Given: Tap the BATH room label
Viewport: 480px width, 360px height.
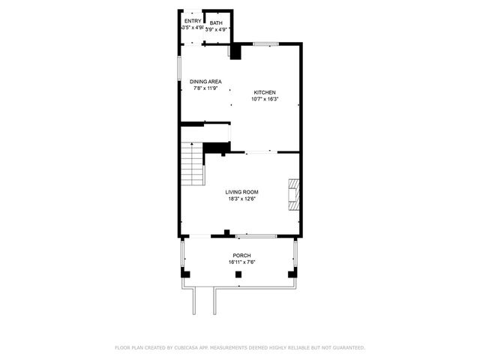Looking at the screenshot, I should click(216, 23).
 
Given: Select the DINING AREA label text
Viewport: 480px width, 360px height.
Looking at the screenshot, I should click(204, 82).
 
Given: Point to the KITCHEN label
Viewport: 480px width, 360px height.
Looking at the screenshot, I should click(264, 92).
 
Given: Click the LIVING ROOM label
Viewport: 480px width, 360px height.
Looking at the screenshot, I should click(241, 192).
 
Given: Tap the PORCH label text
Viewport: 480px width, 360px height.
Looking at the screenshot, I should click(241, 256).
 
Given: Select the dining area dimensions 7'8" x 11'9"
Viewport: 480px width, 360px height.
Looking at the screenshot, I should click(204, 88).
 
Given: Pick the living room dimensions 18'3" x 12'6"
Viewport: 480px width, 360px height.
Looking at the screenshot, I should click(241, 199).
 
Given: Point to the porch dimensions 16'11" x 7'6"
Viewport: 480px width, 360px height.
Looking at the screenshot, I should click(241, 262).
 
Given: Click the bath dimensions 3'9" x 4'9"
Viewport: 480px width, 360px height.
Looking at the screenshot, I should click(216, 29).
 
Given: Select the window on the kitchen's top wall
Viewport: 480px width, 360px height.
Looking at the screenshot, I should click(266, 44).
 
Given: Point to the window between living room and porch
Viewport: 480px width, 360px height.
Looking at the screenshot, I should click(256, 236).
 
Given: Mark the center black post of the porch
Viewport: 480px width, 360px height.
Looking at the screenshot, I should click(238, 275).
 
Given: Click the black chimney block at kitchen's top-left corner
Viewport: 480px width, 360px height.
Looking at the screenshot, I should click(235, 51).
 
